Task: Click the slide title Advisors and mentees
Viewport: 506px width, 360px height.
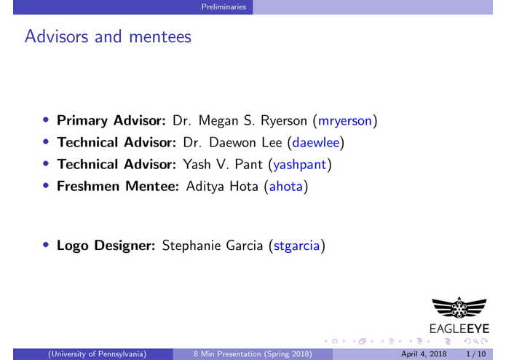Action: click(108, 36)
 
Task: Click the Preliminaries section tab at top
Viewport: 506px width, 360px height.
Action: click(226, 7)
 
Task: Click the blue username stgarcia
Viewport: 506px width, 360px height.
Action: click(296, 246)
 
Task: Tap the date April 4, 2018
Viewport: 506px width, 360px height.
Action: click(422, 353)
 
